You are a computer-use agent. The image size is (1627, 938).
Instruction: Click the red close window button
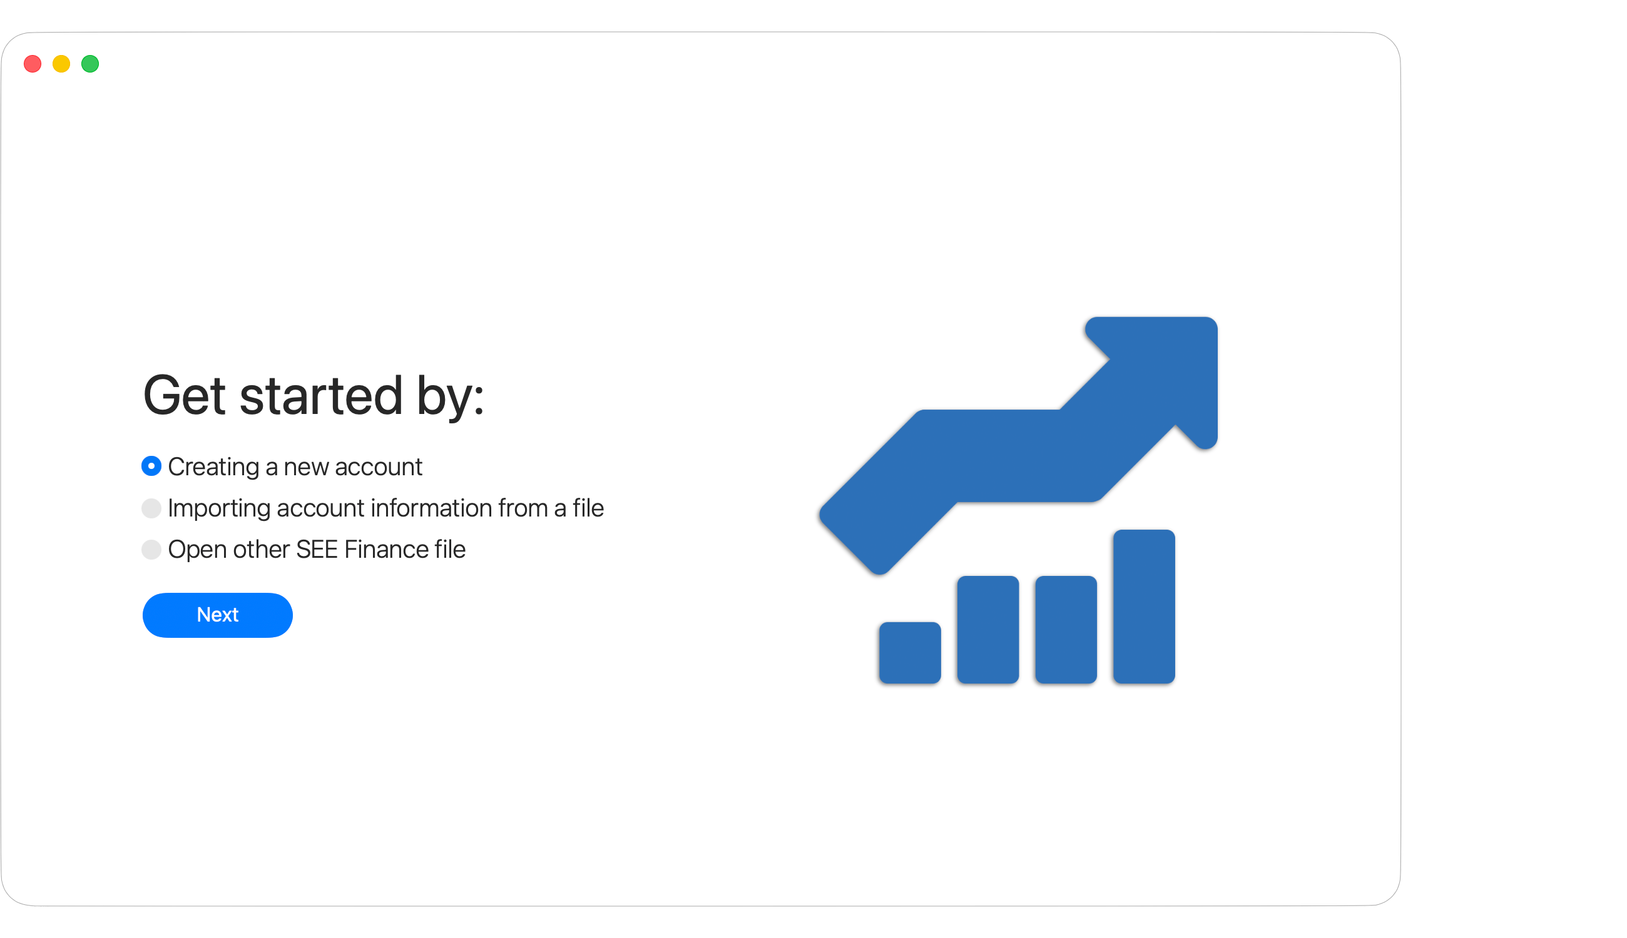pyautogui.click(x=33, y=64)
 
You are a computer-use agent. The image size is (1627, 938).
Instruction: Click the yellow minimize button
pyautogui.click(x=61, y=64)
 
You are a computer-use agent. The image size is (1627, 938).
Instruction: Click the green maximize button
pyautogui.click(x=90, y=64)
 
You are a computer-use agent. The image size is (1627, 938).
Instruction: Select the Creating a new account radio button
pyautogui.click(x=151, y=466)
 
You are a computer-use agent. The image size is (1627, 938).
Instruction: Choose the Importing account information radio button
pyautogui.click(x=151, y=508)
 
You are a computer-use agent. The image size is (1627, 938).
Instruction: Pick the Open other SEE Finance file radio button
pyautogui.click(x=151, y=549)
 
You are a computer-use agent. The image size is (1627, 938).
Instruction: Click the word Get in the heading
pyautogui.click(x=185, y=395)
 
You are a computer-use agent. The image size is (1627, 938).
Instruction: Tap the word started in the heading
pyautogui.click(x=321, y=395)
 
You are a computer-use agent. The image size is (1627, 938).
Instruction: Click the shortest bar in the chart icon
pyautogui.click(x=909, y=652)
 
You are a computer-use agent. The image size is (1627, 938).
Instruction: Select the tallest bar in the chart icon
pyautogui.click(x=1143, y=606)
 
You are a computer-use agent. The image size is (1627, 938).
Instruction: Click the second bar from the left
pyautogui.click(x=987, y=630)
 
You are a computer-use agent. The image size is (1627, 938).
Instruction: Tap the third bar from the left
pyautogui.click(x=1066, y=630)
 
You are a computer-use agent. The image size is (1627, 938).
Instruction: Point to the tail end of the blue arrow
pyautogui.click(x=851, y=545)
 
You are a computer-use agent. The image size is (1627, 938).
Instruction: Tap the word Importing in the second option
pyautogui.click(x=219, y=509)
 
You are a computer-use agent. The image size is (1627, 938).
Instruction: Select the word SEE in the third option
pyautogui.click(x=317, y=550)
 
